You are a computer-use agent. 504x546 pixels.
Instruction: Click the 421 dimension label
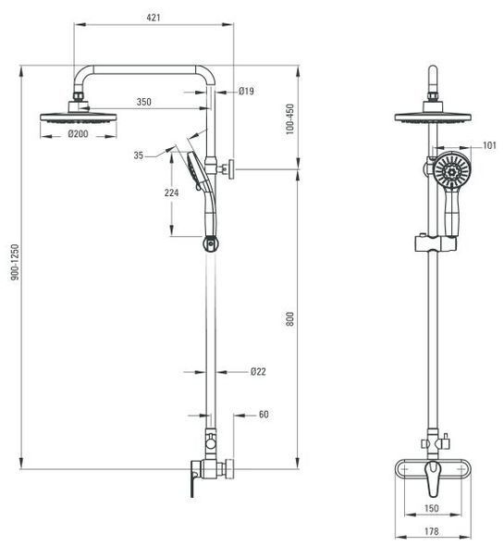click(x=154, y=17)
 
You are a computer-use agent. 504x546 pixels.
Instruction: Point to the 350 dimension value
click(x=143, y=102)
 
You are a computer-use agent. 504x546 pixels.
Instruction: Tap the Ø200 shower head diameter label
click(x=78, y=133)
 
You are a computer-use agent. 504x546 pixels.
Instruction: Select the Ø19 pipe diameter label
click(x=246, y=92)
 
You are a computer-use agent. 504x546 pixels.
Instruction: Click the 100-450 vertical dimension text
click(x=289, y=118)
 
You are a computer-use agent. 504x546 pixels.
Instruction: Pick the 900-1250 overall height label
click(x=15, y=262)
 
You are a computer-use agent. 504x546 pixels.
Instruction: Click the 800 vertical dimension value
click(x=289, y=319)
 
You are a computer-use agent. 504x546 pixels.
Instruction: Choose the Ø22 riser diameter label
click(x=258, y=371)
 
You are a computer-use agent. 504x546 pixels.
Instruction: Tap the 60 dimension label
click(x=264, y=415)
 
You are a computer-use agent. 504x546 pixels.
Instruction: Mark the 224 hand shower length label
click(x=171, y=192)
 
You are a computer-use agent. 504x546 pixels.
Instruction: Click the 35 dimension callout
click(x=139, y=155)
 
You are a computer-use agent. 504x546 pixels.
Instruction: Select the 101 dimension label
click(x=489, y=145)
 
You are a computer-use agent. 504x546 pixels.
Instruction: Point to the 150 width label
click(x=431, y=508)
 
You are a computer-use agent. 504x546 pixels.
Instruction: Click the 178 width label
click(x=431, y=531)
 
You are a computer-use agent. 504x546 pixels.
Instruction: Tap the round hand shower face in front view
click(x=452, y=170)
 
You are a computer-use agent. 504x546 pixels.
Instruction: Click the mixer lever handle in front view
click(x=433, y=478)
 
